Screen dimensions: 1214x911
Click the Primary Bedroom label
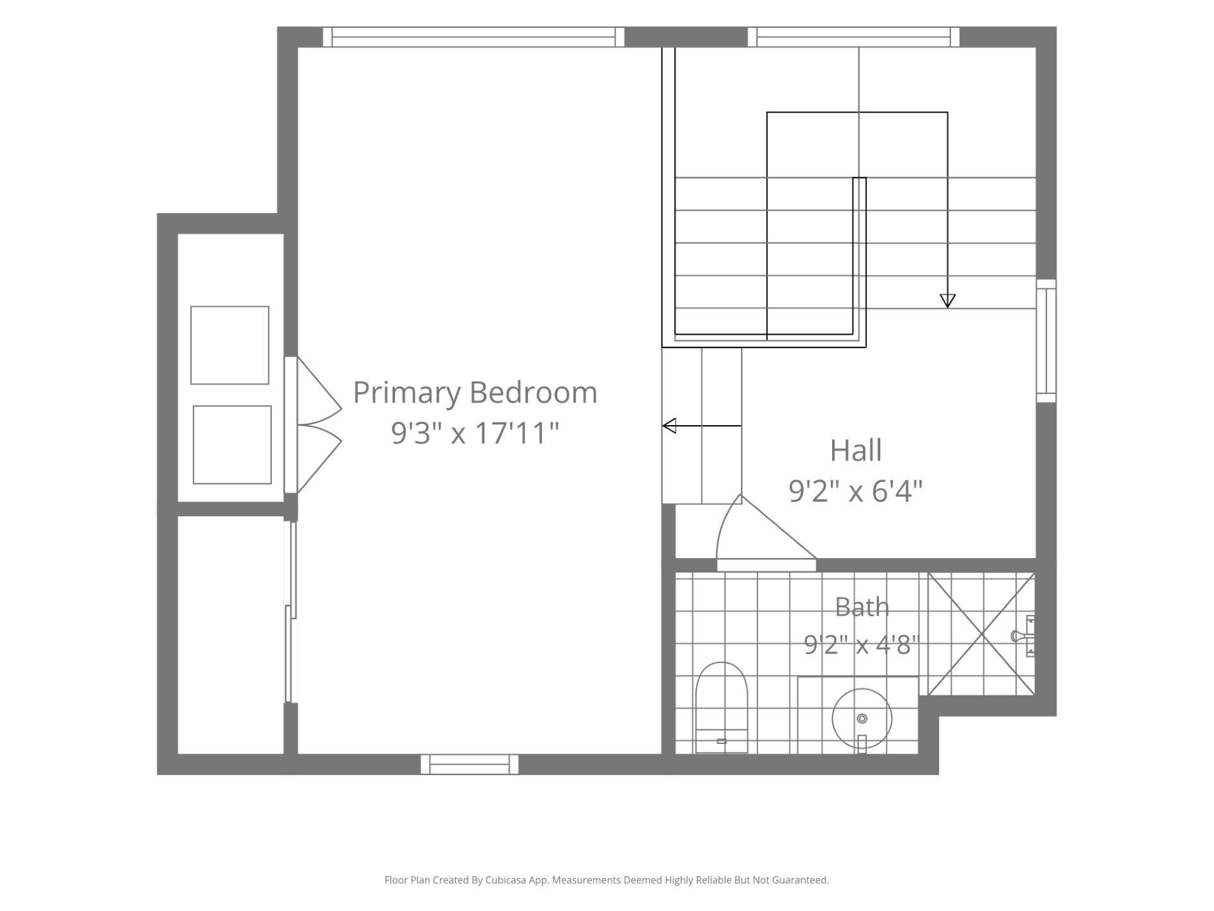(x=475, y=393)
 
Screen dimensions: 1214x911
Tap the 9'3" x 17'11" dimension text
(x=475, y=433)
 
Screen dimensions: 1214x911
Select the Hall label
(x=855, y=450)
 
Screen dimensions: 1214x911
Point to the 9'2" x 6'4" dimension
(x=855, y=490)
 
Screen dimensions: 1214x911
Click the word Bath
(x=862, y=607)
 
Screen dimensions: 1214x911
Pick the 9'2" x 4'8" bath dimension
(x=861, y=645)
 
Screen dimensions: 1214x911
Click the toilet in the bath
(x=721, y=707)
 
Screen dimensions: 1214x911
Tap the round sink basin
(x=862, y=719)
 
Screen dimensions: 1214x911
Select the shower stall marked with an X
(x=981, y=634)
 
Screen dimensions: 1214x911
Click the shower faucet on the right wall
(x=1024, y=636)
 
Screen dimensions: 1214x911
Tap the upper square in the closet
(x=230, y=345)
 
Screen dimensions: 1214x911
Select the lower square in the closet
(x=232, y=445)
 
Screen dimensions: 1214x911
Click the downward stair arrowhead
(x=947, y=301)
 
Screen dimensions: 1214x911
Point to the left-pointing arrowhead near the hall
(x=669, y=426)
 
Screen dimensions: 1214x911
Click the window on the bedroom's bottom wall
(x=469, y=764)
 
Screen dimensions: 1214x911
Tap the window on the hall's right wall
(x=1046, y=341)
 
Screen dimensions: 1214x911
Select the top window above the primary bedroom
(x=474, y=37)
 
